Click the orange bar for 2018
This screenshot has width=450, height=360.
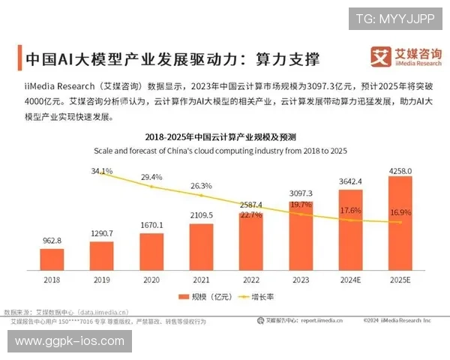point(52,259)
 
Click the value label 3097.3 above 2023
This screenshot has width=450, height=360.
point(301,193)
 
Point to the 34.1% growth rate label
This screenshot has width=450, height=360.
point(102,171)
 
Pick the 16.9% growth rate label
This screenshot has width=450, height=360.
point(400,213)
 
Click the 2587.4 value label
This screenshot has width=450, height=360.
point(250,204)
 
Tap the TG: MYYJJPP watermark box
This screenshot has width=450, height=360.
point(394,18)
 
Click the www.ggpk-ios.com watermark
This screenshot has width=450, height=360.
point(70,341)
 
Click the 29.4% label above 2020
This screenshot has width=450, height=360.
point(152,177)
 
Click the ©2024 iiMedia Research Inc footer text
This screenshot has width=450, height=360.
point(397,319)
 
